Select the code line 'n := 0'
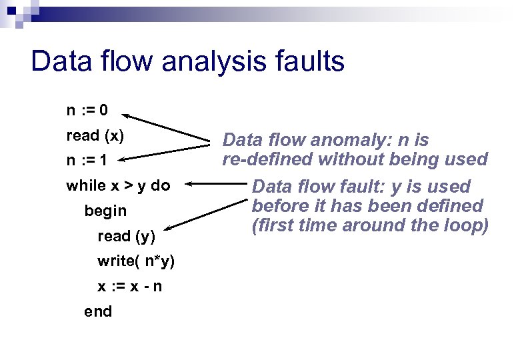click(87, 109)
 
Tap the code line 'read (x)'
click(95, 135)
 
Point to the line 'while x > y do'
click(118, 185)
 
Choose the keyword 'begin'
click(105, 211)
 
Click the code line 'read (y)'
click(126, 236)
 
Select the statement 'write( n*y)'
click(136, 261)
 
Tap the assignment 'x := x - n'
click(129, 286)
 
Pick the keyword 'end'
click(98, 311)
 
